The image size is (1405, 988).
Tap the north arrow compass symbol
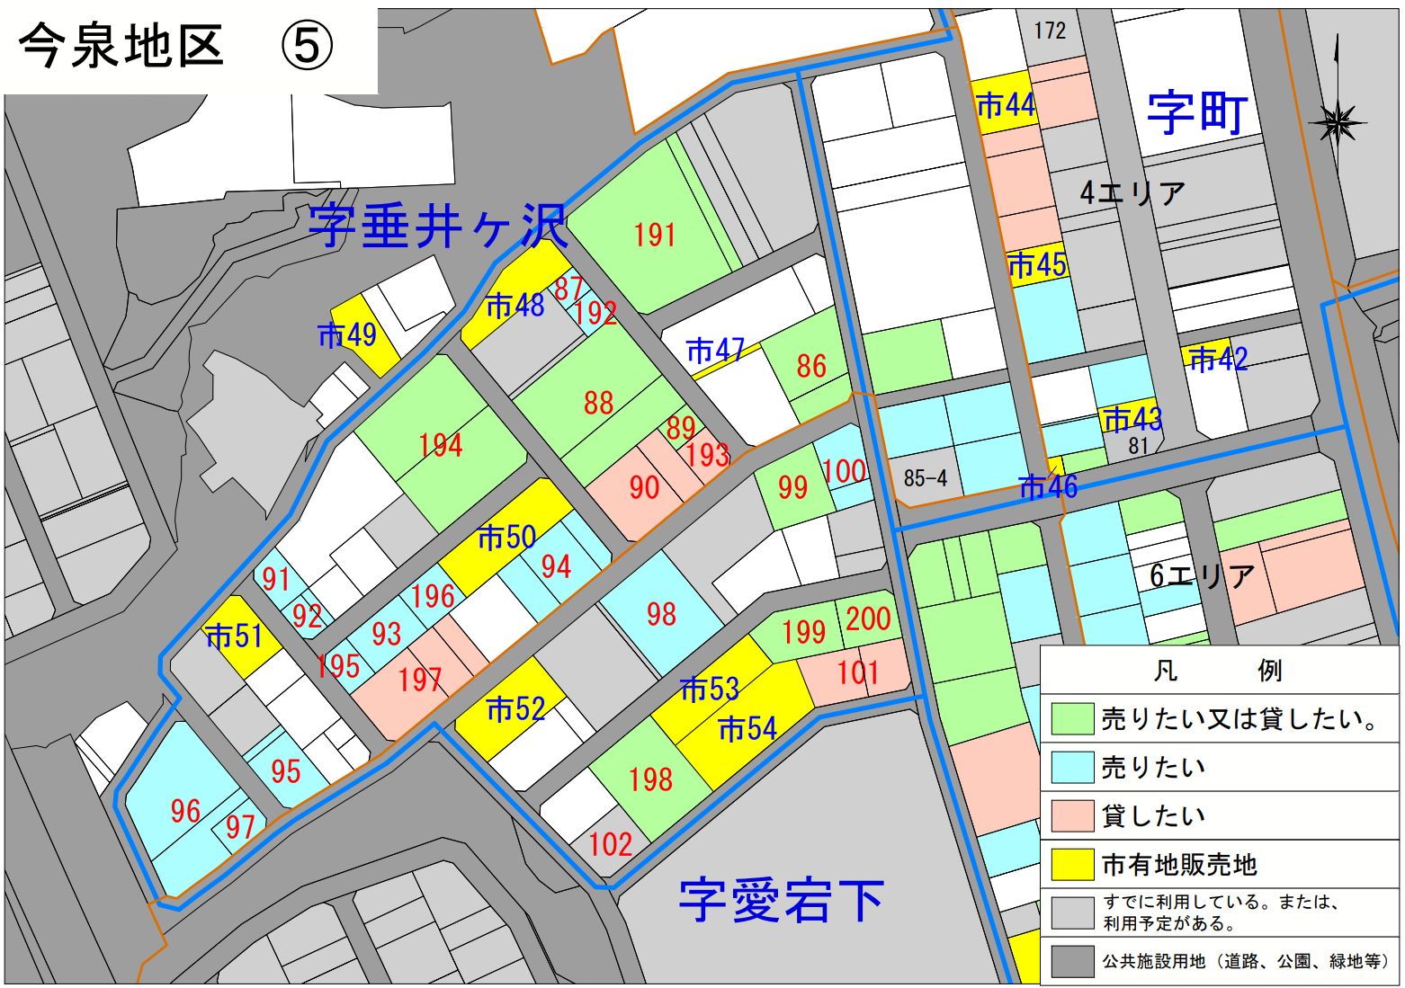[x=1338, y=121]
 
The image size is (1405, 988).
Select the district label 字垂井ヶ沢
[x=438, y=226]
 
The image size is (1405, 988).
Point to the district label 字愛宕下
[x=781, y=900]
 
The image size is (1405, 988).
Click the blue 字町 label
[x=1196, y=113]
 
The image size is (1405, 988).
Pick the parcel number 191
[x=654, y=236]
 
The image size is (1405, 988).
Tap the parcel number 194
[x=440, y=445]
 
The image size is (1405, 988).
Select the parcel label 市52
[x=515, y=709]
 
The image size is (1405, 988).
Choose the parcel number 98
[x=661, y=614]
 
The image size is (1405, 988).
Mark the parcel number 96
[x=185, y=811]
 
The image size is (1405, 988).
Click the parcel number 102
[x=610, y=844]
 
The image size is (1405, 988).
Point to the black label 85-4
[x=925, y=478]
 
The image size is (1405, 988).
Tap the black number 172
[x=1049, y=31]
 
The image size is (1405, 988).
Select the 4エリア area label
[x=1132, y=192]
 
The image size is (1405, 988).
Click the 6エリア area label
[x=1202, y=576]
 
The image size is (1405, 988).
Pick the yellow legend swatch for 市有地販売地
[x=1072, y=864]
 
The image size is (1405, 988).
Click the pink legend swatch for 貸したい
[x=1072, y=815]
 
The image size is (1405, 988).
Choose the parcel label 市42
[x=1218, y=360]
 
